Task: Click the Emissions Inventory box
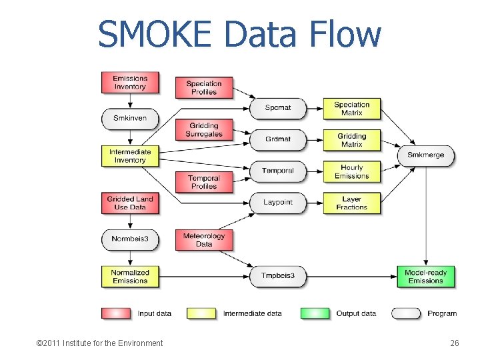[x=130, y=82]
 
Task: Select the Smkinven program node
[x=130, y=118]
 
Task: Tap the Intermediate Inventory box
[x=130, y=155]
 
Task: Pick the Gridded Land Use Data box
[x=130, y=203]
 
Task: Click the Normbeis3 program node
[x=130, y=239]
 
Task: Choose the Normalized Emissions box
[x=130, y=276]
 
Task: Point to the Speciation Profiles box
[x=204, y=87]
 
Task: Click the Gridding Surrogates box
[x=204, y=130]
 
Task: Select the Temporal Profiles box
[x=204, y=182]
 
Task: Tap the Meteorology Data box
[x=204, y=239]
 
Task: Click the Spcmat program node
[x=277, y=107]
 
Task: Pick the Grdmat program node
[x=277, y=139]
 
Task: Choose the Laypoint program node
[x=277, y=202]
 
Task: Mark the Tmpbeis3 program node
[x=277, y=276]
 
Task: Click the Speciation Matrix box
[x=352, y=109]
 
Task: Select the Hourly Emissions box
[x=352, y=171]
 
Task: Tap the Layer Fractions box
[x=352, y=203]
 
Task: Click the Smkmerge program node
[x=425, y=155]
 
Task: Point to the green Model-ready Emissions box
[x=425, y=276]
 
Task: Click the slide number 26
[x=455, y=343]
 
